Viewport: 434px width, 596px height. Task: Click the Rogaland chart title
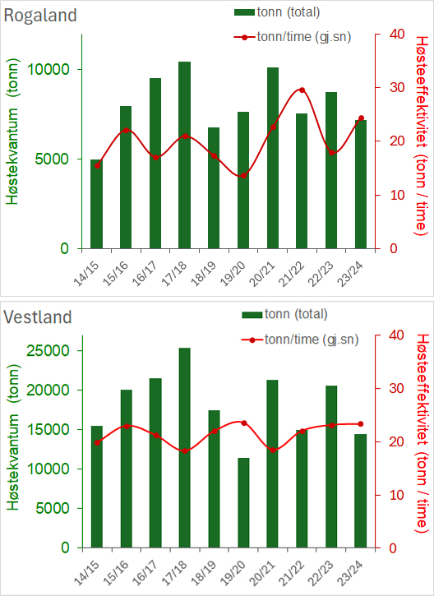coord(40,16)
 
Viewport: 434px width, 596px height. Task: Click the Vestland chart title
coord(38,316)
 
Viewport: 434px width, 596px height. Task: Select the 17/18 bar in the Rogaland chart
coord(185,155)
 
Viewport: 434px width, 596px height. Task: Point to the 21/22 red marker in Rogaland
coord(302,90)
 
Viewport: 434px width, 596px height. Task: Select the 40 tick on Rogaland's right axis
coord(397,34)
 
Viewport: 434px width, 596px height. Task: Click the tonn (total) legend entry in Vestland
coord(284,314)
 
